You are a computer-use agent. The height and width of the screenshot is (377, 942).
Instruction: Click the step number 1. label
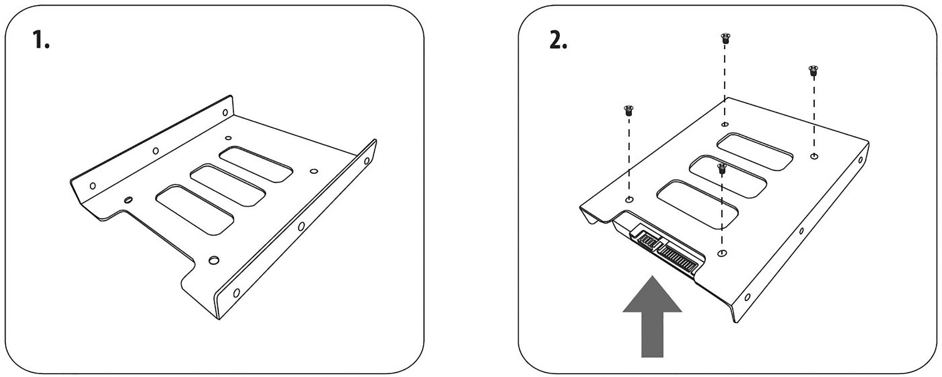click(x=41, y=40)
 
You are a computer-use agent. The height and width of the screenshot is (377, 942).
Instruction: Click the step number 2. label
click(x=558, y=41)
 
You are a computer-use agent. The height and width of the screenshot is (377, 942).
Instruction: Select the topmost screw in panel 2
click(x=725, y=38)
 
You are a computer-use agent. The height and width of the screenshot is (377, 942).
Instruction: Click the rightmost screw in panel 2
click(x=813, y=70)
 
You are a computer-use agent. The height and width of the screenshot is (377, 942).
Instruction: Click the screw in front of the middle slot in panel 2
click(x=722, y=169)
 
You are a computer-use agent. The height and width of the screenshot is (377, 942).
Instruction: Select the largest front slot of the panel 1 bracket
click(x=194, y=210)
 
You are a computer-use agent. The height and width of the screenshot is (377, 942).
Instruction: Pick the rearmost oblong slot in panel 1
click(x=256, y=164)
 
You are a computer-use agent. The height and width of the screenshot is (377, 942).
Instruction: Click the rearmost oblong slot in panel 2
click(x=755, y=151)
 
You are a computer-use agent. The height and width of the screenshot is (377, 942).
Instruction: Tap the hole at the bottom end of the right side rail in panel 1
click(x=236, y=293)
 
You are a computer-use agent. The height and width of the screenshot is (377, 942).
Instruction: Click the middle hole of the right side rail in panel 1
click(x=301, y=226)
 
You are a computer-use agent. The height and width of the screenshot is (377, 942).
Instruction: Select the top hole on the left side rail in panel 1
click(x=225, y=112)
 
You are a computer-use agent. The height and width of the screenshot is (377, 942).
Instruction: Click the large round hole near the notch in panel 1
click(x=214, y=260)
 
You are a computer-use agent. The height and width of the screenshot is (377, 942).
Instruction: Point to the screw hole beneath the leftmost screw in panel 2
click(x=629, y=200)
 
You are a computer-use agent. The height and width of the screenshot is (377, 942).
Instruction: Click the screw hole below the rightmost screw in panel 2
click(x=814, y=157)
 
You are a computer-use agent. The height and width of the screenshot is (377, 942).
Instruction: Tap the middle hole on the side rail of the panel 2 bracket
click(x=802, y=231)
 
